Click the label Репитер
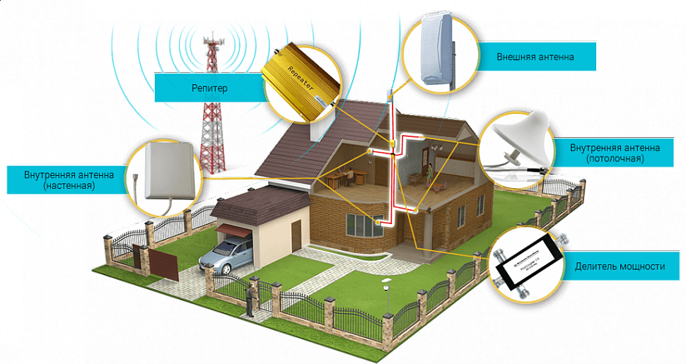point(209,88)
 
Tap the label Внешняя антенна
point(535,56)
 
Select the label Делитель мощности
point(620,266)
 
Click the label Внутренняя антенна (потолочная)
point(615,153)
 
